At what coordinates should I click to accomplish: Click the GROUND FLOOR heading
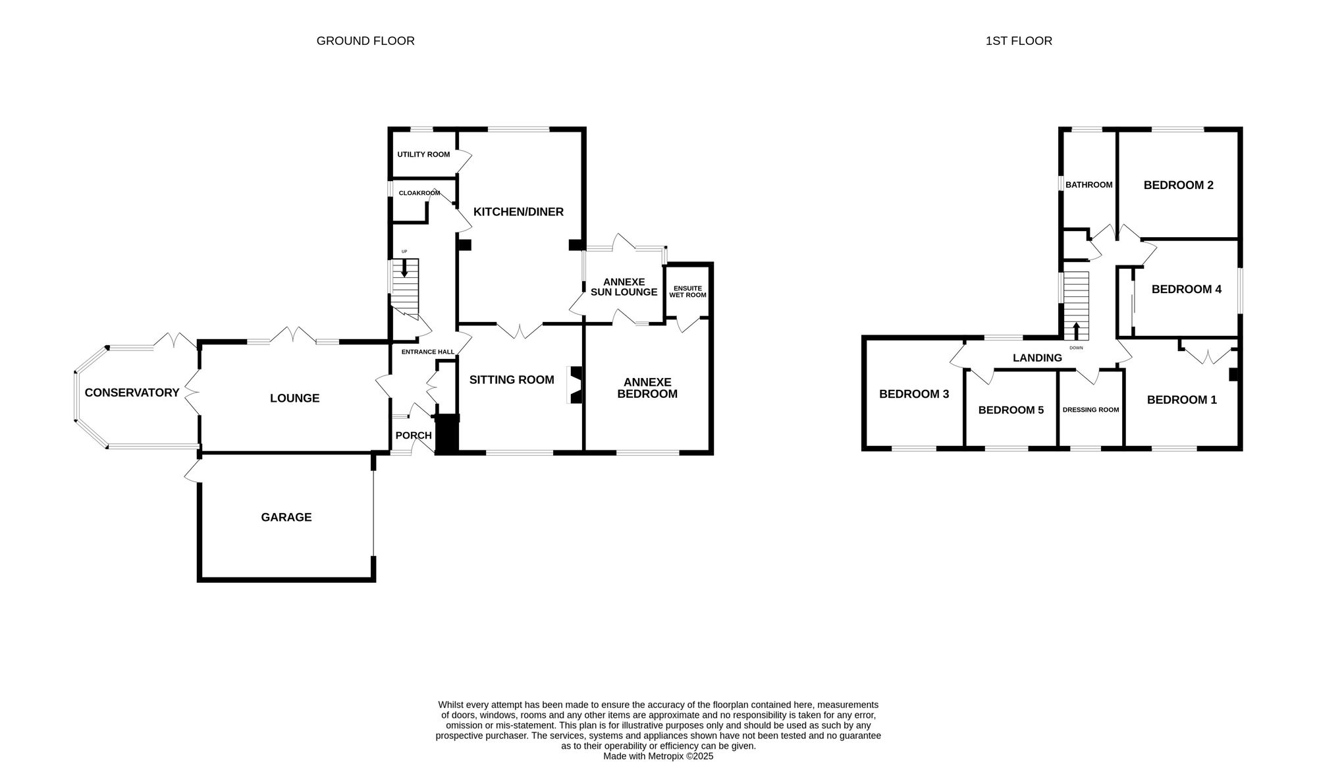coord(365,41)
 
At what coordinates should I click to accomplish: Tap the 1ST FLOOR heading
coord(1018,41)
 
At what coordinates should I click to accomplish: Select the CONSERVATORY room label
coord(132,393)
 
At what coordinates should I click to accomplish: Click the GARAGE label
coord(286,517)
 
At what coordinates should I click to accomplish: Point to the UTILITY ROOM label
coord(423,154)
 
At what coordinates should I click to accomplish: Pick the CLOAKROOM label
coord(419,193)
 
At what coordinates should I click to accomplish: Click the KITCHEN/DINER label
coord(518,211)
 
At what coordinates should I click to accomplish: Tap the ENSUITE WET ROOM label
coord(687,291)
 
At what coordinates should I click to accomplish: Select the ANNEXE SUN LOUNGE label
coord(624,286)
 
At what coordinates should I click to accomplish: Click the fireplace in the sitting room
coord(576,385)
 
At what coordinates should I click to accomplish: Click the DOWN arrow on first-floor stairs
coord(1076,330)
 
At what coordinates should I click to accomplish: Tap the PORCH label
coord(413,435)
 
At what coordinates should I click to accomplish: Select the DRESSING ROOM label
coord(1090,410)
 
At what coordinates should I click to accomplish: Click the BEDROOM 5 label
coord(1011,410)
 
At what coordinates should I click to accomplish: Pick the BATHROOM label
coord(1089,184)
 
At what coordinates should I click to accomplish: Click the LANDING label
coord(1037,358)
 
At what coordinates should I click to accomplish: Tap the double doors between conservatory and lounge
coord(192,393)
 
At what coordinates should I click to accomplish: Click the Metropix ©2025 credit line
coord(658,756)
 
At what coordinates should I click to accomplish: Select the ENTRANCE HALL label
coord(427,352)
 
